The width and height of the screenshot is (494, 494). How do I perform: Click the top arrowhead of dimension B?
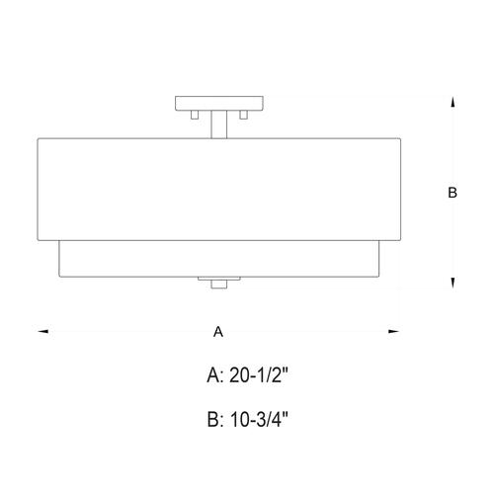453,101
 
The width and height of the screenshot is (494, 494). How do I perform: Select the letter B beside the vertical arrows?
453,194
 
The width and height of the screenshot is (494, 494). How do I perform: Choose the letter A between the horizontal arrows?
217,333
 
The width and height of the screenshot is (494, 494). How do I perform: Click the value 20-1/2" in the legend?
259,375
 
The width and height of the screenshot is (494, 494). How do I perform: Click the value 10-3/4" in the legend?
259,419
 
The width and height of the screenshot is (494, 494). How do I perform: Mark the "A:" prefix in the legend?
214,375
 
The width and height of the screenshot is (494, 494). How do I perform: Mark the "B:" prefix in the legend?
214,419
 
